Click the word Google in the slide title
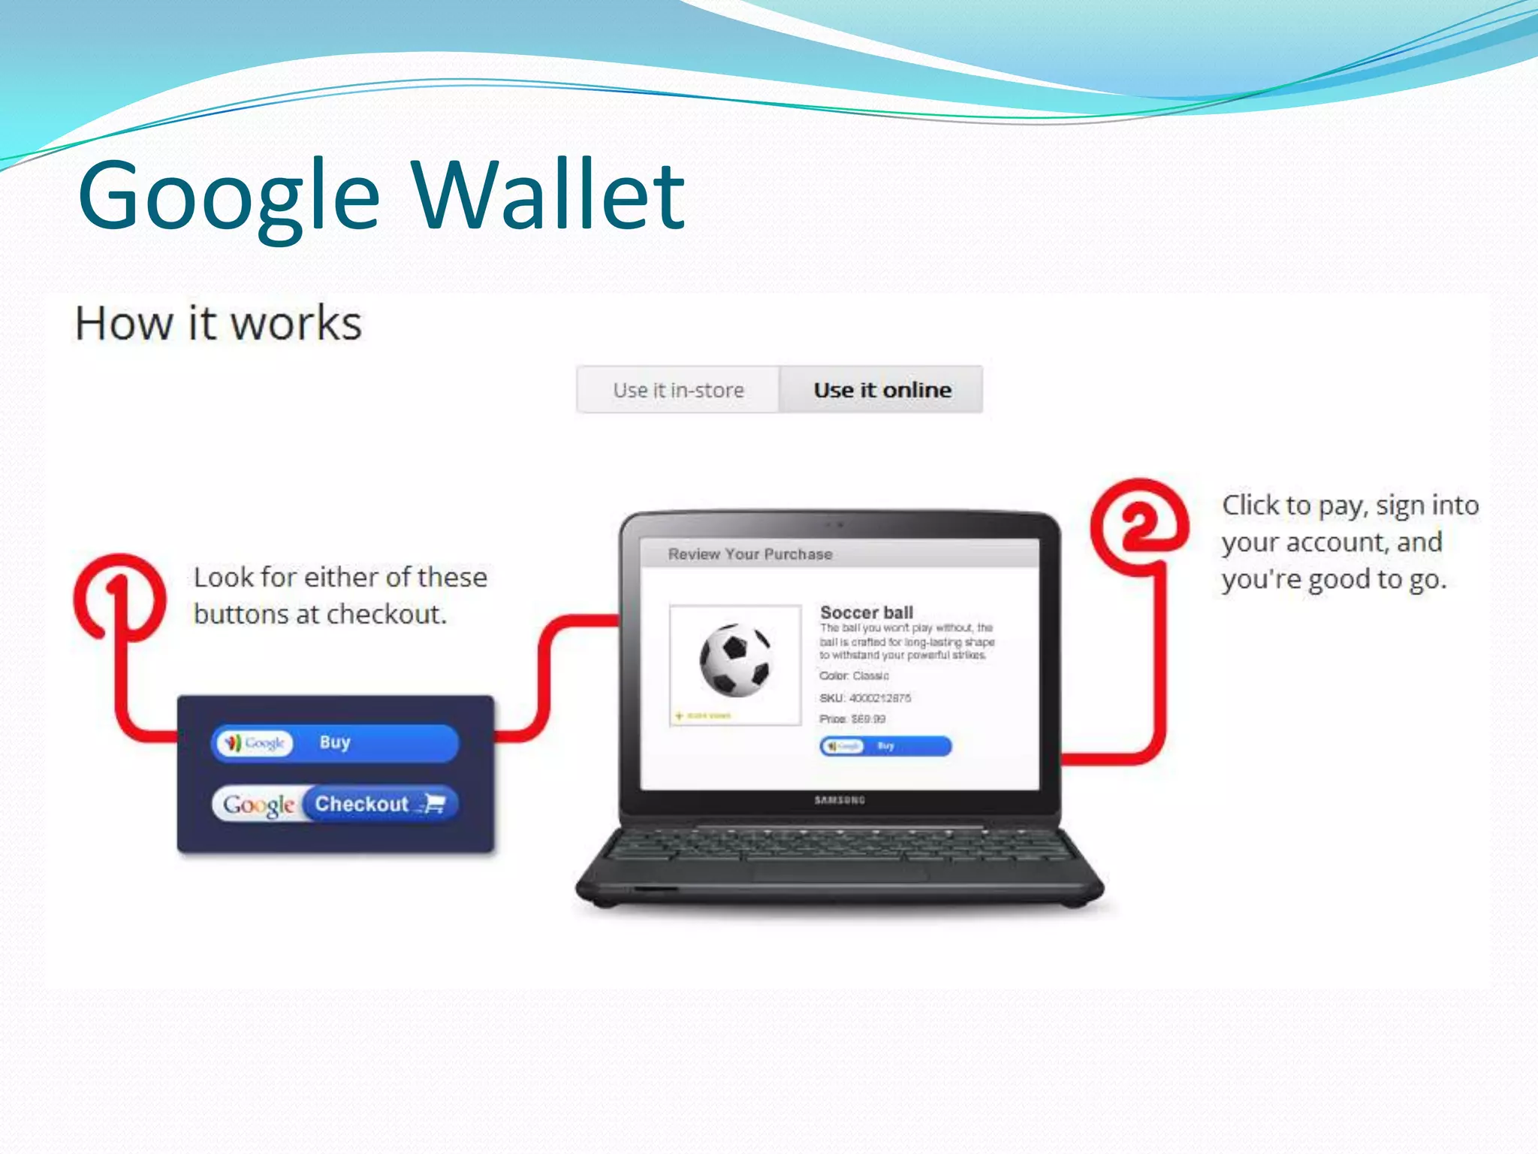(229, 197)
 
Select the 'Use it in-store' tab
(678, 390)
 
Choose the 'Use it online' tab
(882, 390)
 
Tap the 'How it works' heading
(218, 323)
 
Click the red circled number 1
(119, 597)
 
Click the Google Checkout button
(335, 804)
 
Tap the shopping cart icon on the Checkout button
(434, 804)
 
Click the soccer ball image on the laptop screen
(734, 660)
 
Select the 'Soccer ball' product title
(867, 612)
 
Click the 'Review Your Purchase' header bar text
(750, 554)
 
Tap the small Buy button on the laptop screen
(885, 746)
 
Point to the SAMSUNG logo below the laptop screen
(840, 800)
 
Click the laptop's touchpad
(840, 873)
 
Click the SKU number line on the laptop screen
(865, 698)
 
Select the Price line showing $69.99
(852, 719)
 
